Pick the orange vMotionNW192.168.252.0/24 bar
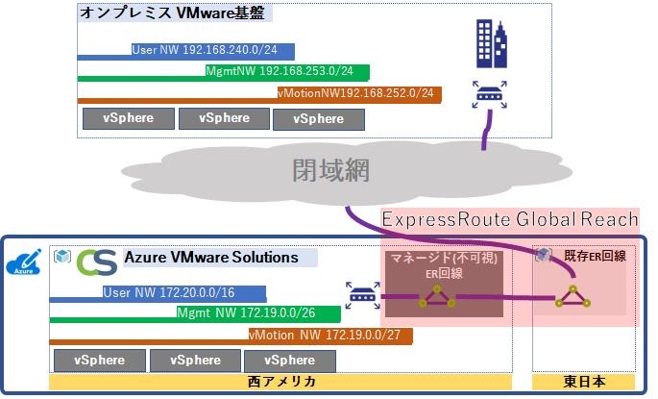(259, 93)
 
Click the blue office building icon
(492, 42)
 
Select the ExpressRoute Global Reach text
(510, 220)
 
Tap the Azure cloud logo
(25, 262)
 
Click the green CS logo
(97, 262)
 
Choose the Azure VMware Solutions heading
(211, 258)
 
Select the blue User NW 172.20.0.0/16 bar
(158, 293)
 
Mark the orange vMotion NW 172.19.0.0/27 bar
(231, 336)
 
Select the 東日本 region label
(584, 383)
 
